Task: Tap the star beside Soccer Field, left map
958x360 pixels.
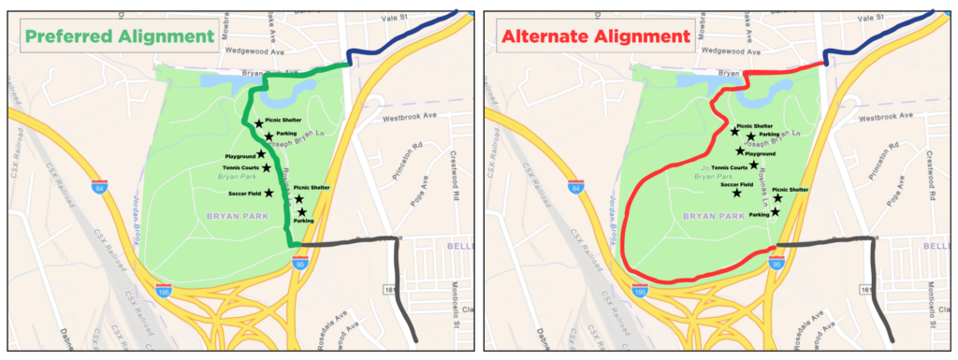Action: pyautogui.click(x=269, y=193)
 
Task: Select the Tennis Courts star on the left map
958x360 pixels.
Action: pyautogui.click(x=267, y=168)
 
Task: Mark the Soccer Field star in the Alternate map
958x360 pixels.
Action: pyautogui.click(x=737, y=193)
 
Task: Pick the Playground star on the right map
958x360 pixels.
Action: pyautogui.click(x=740, y=151)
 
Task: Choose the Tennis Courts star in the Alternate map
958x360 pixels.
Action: pyautogui.click(x=754, y=166)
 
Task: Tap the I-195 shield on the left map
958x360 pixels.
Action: pyautogui.click(x=163, y=292)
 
